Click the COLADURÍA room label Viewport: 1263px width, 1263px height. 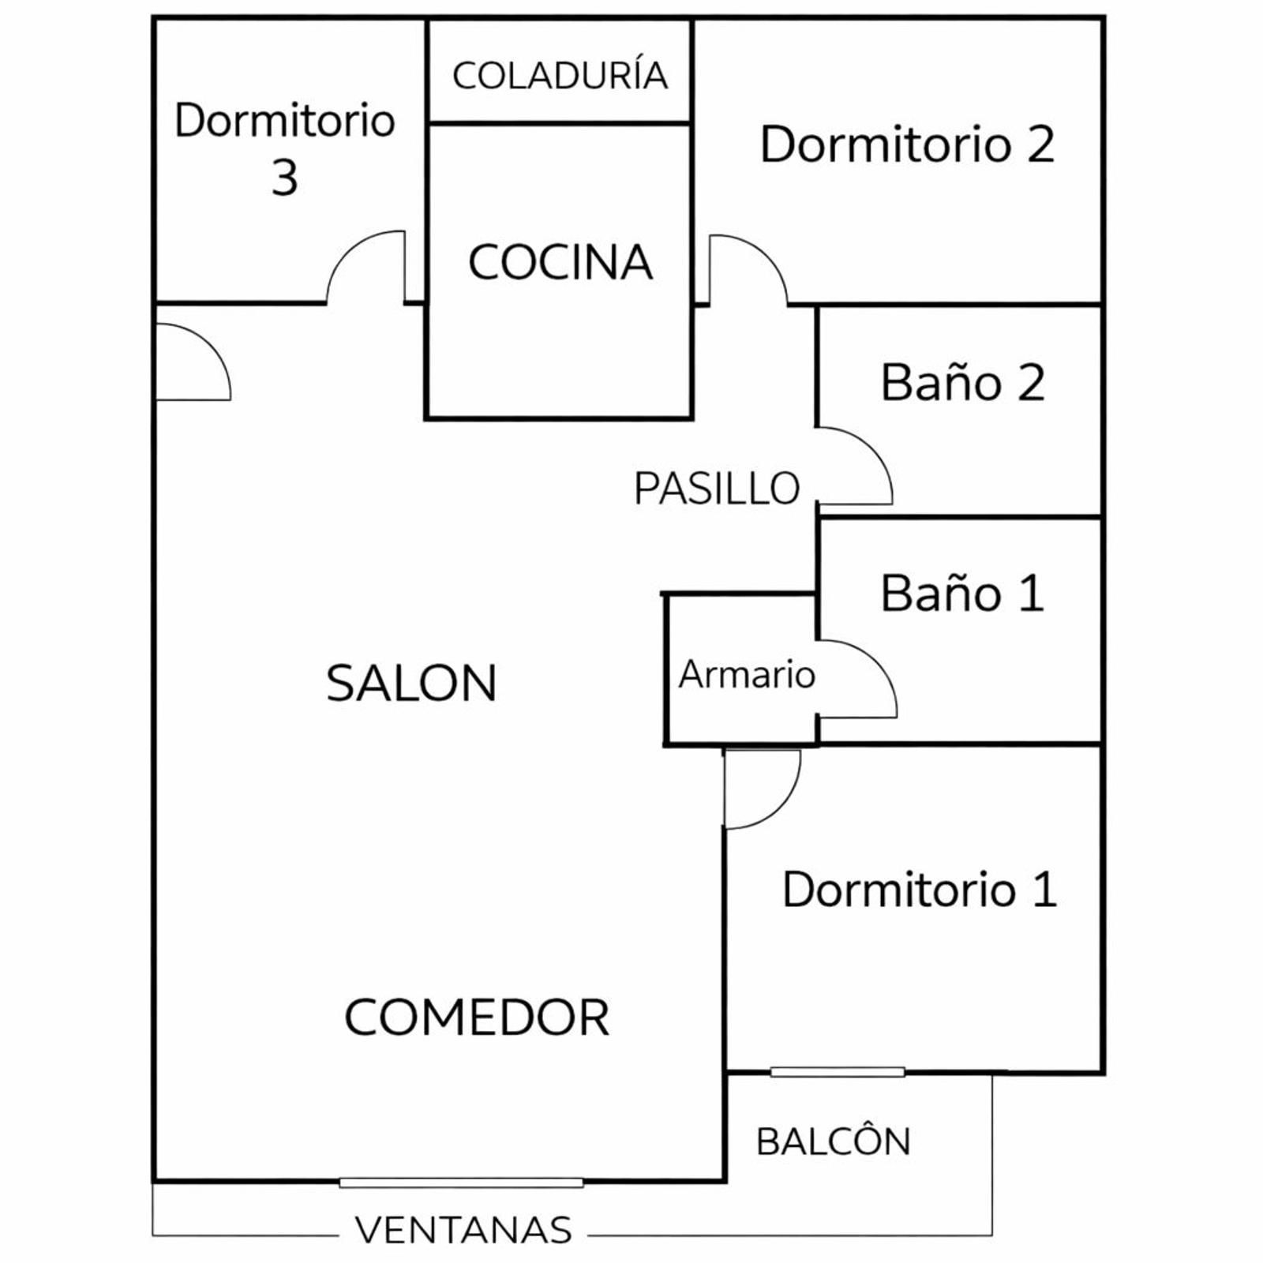coord(560,76)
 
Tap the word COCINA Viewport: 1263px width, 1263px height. coord(560,262)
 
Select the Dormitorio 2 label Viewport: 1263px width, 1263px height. coord(907,144)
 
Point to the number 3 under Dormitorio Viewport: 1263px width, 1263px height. coord(285,178)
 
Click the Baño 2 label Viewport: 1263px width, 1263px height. coord(962,383)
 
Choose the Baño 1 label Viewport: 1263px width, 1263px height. coord(962,594)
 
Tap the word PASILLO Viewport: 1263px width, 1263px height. coord(717,489)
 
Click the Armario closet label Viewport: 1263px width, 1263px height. coord(747,675)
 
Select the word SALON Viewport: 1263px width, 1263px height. coord(411,684)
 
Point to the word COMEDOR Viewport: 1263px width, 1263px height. coord(477,1018)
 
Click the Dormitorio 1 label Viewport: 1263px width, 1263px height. coord(920,890)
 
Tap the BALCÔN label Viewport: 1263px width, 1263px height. coord(834,1142)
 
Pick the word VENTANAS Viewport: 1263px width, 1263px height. coord(463,1230)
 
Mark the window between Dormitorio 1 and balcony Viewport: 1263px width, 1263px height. coord(838,1072)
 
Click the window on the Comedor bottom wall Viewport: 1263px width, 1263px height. coord(462,1182)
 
